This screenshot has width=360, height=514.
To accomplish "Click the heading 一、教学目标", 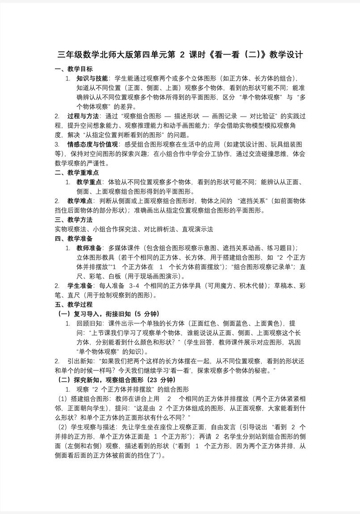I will click(x=74, y=69).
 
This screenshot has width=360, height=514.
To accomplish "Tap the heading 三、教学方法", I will click(x=74, y=219).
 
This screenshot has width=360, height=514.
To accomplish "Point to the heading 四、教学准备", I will click(x=74, y=238).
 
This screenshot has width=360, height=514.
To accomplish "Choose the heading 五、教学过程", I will click(x=74, y=304).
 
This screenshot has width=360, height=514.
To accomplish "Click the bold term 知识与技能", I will click(x=92, y=78).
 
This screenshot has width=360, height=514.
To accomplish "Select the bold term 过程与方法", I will click(x=83, y=116).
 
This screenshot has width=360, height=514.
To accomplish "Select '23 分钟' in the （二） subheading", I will click(x=161, y=379).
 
